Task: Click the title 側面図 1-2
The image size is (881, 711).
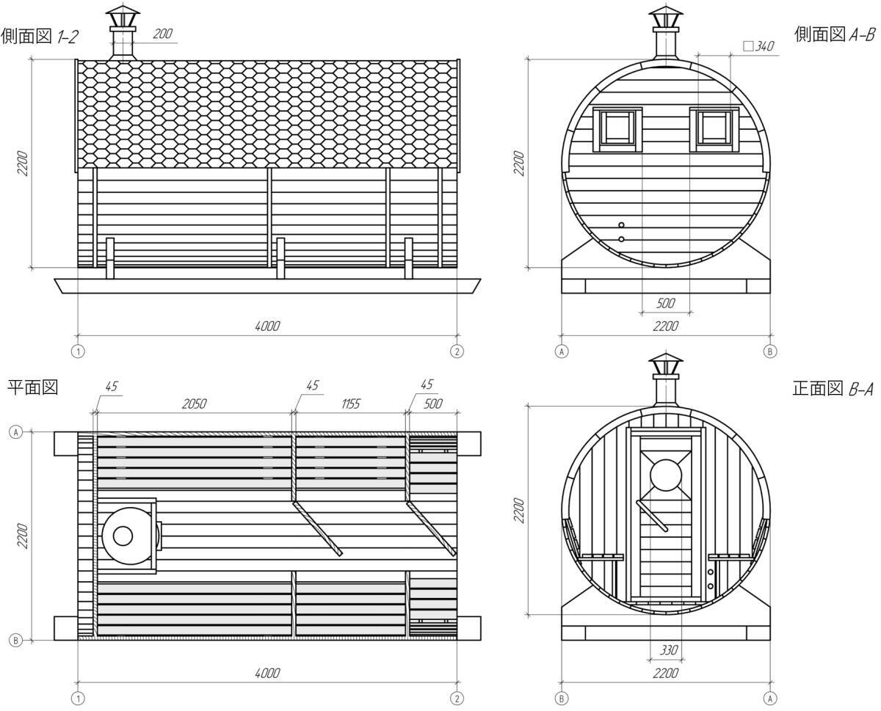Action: [40, 37]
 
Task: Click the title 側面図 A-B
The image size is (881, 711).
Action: [834, 34]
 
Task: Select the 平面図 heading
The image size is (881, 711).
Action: [33, 387]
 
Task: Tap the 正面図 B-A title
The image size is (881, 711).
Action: [833, 389]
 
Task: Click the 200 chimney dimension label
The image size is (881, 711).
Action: [162, 34]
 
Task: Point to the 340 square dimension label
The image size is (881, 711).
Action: [758, 46]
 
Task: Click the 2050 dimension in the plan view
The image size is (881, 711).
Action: [194, 404]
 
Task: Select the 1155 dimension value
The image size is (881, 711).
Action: [351, 404]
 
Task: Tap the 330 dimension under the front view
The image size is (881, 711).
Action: [669, 650]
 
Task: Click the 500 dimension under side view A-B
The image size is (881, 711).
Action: [665, 303]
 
